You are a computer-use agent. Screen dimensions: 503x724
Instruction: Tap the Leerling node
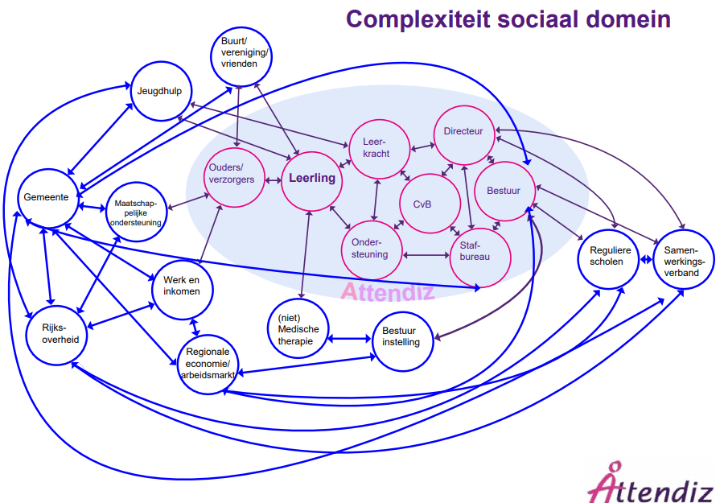point(311,179)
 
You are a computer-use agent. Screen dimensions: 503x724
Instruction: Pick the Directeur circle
point(463,132)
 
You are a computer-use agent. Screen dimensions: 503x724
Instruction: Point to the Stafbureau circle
point(480,257)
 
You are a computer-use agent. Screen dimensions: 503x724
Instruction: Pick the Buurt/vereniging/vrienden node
point(241,53)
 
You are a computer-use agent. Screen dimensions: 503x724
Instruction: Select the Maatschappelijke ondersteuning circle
point(137,212)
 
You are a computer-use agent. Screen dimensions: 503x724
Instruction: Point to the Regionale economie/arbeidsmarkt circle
point(208,364)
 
